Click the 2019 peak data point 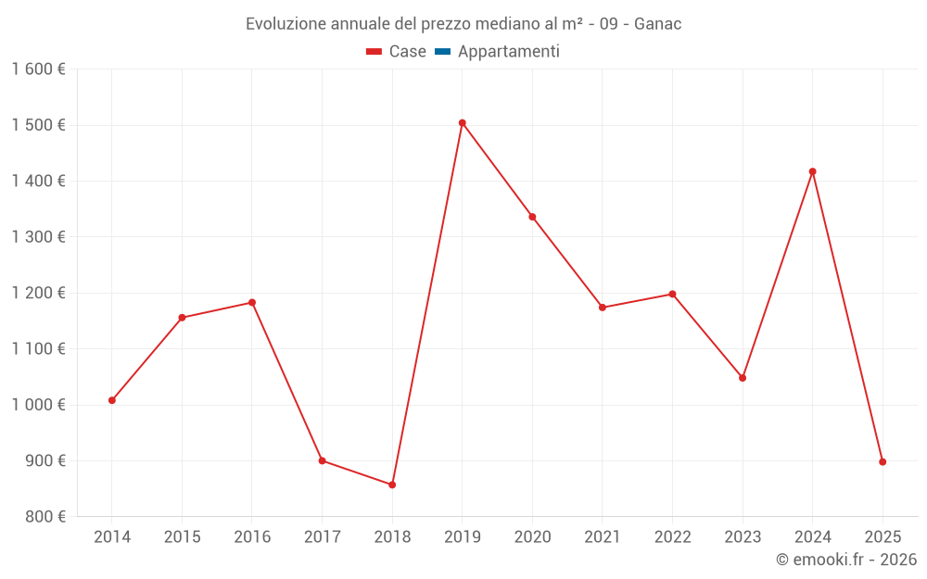[x=463, y=122]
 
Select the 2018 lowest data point [x=392, y=485]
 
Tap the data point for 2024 [x=813, y=171]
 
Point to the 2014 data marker [x=112, y=400]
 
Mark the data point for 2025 [x=883, y=461]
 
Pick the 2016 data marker [x=252, y=303]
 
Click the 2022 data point [x=672, y=295]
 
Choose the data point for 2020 [x=532, y=217]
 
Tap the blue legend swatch [x=442, y=52]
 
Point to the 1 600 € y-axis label [x=38, y=69]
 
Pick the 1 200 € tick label [x=38, y=293]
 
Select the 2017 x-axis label [x=322, y=537]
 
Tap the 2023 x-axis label [x=743, y=537]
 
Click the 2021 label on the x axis [x=603, y=537]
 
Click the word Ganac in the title [x=657, y=24]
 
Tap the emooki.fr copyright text [x=846, y=560]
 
